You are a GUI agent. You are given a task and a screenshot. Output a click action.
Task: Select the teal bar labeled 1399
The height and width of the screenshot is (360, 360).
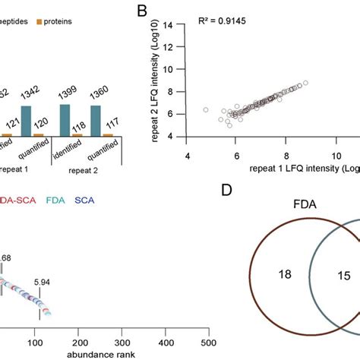pyautogui.click(x=65, y=120)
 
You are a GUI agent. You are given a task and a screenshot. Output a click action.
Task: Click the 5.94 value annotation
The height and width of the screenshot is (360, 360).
pyautogui.click(x=85, y=283)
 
